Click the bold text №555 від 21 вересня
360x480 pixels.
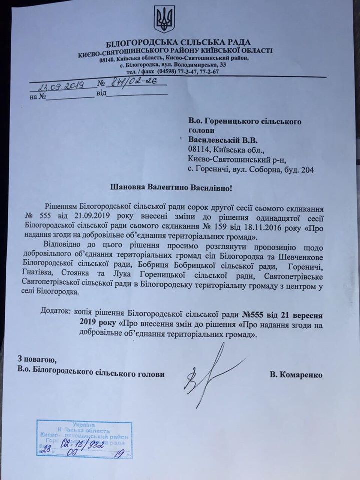click(283, 314)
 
